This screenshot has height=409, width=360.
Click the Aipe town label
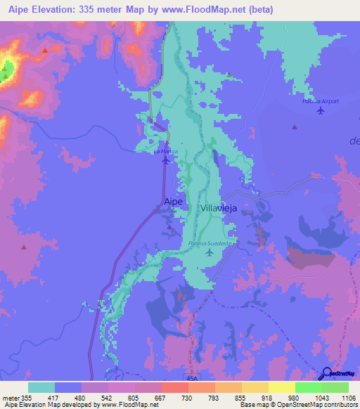click(x=173, y=202)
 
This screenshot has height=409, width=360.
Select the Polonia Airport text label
click(x=321, y=101)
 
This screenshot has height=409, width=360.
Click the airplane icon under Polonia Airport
click(x=321, y=110)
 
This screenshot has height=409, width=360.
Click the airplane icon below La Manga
click(x=165, y=160)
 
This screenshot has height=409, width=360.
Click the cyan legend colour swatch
click(x=41, y=387)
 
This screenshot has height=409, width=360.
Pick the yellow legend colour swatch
click(x=281, y=387)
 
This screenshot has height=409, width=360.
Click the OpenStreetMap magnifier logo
click(x=327, y=373)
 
